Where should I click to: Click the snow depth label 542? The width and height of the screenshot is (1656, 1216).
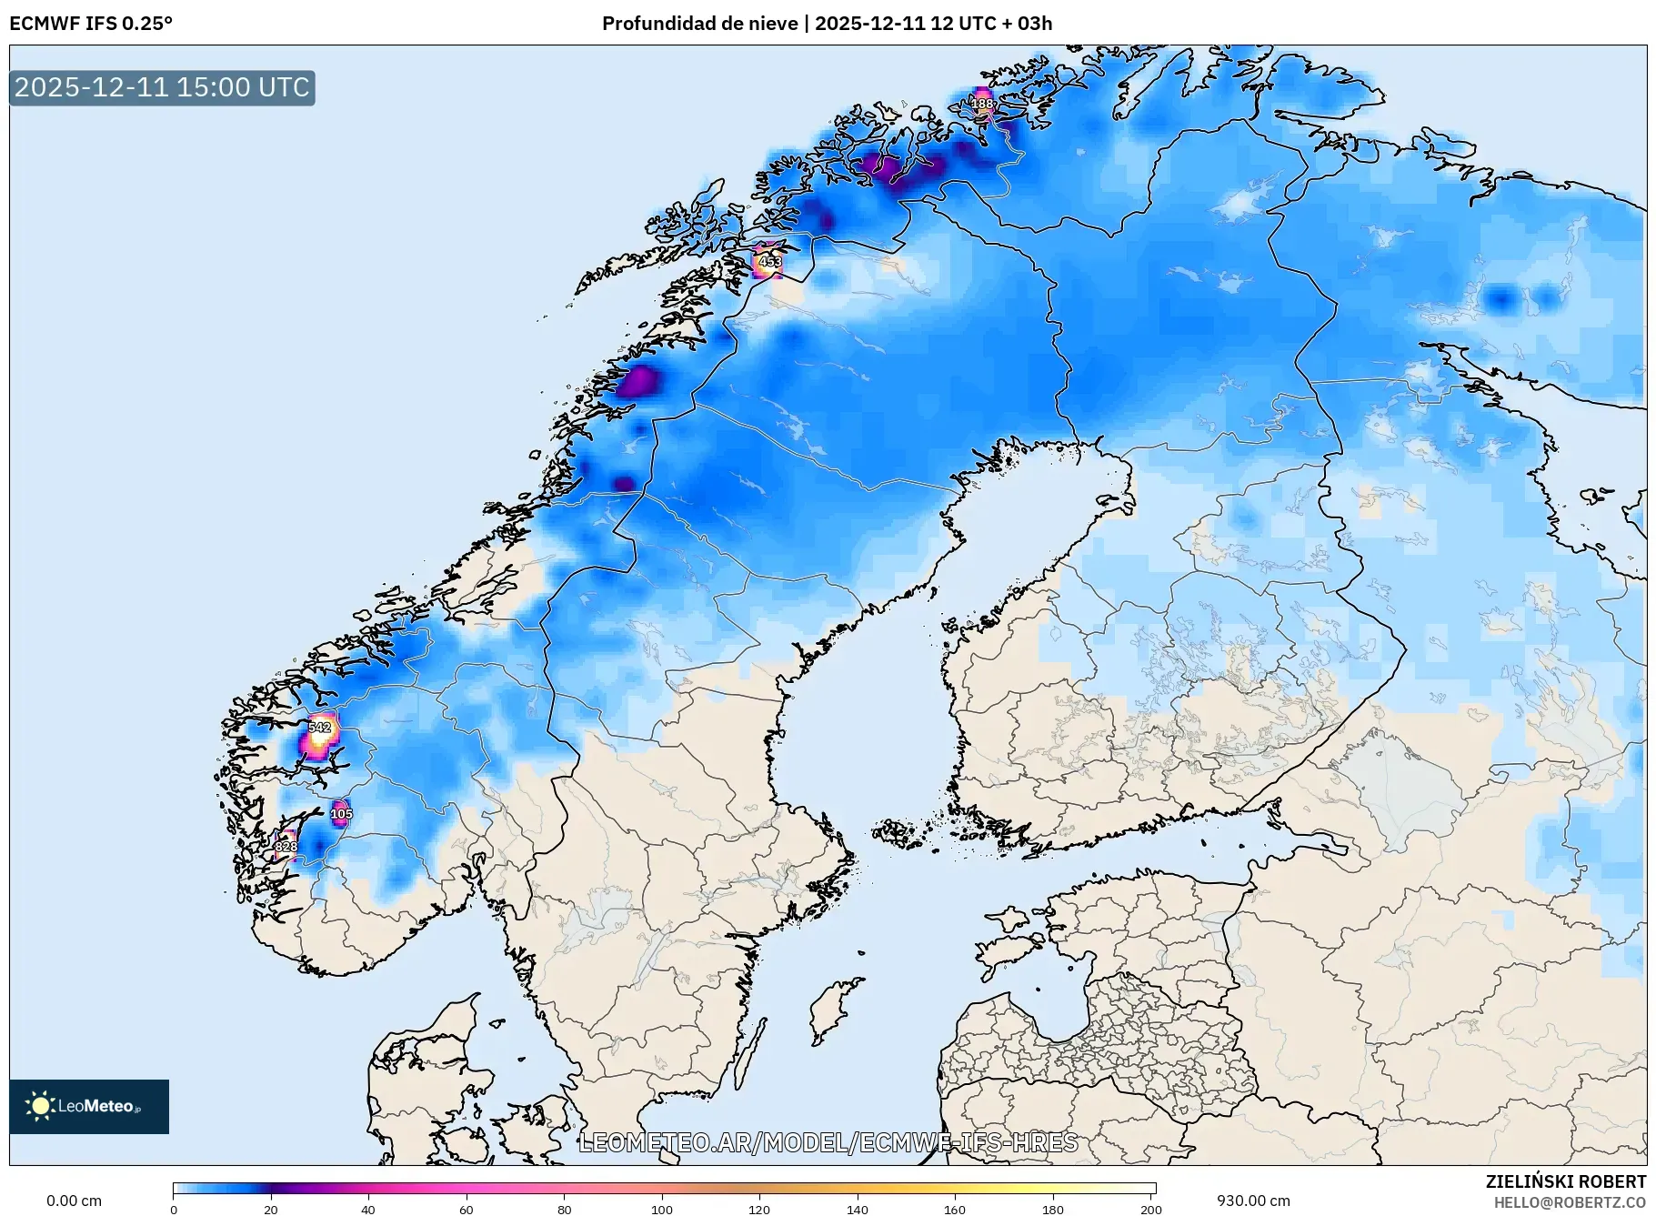[319, 728]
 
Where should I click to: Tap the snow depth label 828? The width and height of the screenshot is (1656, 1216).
[286, 847]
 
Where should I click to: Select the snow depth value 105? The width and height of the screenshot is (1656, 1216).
[341, 814]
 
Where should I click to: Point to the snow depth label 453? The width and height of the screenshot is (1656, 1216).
[769, 262]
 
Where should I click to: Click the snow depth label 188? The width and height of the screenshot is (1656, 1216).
[982, 104]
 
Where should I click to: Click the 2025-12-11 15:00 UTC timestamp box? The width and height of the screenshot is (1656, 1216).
[162, 87]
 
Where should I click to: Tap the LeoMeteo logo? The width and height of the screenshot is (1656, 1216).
[89, 1106]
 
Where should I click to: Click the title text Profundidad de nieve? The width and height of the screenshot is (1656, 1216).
[699, 24]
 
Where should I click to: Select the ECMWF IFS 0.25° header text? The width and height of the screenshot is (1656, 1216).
[90, 24]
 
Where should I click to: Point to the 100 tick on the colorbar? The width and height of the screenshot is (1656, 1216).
[662, 1209]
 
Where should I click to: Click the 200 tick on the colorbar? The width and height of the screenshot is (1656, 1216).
[1151, 1209]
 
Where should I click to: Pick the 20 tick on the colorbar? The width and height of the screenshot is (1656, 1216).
[270, 1209]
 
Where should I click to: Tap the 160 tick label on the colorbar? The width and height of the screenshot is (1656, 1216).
[955, 1209]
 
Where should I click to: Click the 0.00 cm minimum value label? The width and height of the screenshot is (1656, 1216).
[74, 1201]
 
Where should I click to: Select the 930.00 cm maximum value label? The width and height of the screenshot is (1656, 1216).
[1253, 1201]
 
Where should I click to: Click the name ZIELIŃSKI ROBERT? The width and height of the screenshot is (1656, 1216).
[1565, 1181]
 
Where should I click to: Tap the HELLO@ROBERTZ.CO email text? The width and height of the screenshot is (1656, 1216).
[1570, 1202]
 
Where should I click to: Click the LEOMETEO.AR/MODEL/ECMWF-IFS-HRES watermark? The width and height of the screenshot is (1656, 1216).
[828, 1142]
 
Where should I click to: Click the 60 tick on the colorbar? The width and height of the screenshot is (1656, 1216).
[466, 1209]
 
